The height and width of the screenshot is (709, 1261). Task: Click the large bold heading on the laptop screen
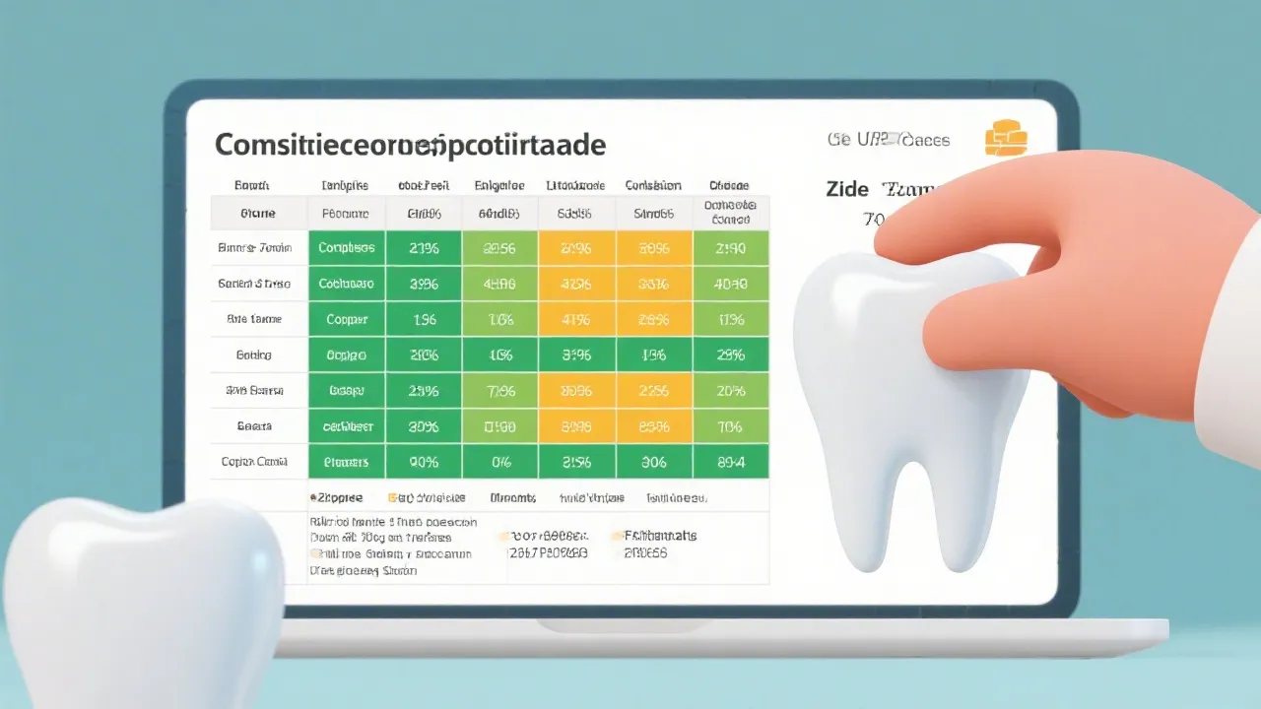pos(410,145)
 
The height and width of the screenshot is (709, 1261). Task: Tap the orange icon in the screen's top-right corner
pos(1006,138)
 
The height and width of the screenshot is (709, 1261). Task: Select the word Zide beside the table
pos(848,189)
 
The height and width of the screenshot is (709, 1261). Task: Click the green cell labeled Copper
pos(346,319)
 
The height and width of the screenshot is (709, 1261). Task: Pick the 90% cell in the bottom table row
pos(424,461)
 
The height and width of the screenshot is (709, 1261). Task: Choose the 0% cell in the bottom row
pos(499,461)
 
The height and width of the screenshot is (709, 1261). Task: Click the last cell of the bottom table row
pos(731,461)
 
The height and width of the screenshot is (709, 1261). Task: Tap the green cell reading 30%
pos(424,426)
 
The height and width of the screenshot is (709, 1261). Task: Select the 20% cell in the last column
pos(731,391)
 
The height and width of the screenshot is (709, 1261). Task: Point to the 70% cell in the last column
pos(731,426)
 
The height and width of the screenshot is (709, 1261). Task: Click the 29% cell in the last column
pos(731,354)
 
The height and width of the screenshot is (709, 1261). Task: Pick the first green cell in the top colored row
pos(346,248)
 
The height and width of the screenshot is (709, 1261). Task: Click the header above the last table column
pos(729,185)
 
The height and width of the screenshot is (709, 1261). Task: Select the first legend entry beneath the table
pos(337,498)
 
